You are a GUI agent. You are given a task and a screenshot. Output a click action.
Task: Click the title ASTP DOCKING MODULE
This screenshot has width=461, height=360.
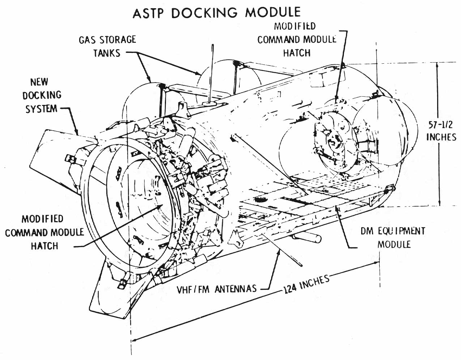pos(216,13)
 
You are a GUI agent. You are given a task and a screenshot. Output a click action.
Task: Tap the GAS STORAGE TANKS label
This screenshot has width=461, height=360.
pos(107,46)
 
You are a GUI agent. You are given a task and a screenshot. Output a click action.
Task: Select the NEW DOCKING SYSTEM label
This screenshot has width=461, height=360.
pos(41,95)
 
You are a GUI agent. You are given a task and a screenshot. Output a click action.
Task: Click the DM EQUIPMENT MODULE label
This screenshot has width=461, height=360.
pos(393,237)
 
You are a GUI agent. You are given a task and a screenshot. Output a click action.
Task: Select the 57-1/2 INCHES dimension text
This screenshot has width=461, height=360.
pos(441,131)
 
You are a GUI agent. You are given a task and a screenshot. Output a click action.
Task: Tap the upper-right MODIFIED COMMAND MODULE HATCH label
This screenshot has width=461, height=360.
pos(296,39)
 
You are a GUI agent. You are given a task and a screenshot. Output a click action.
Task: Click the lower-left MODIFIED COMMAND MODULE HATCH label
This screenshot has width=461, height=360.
pos(44,232)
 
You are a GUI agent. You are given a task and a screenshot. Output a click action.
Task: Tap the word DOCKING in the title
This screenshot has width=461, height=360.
pos(204,13)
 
